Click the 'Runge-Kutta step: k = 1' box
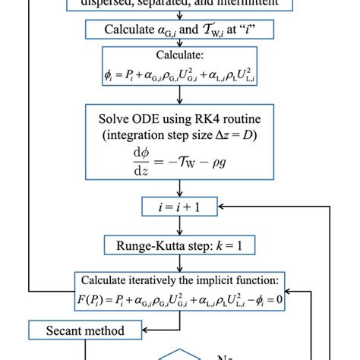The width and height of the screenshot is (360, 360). (180, 245)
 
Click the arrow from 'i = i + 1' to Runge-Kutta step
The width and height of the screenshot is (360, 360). (180, 226)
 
